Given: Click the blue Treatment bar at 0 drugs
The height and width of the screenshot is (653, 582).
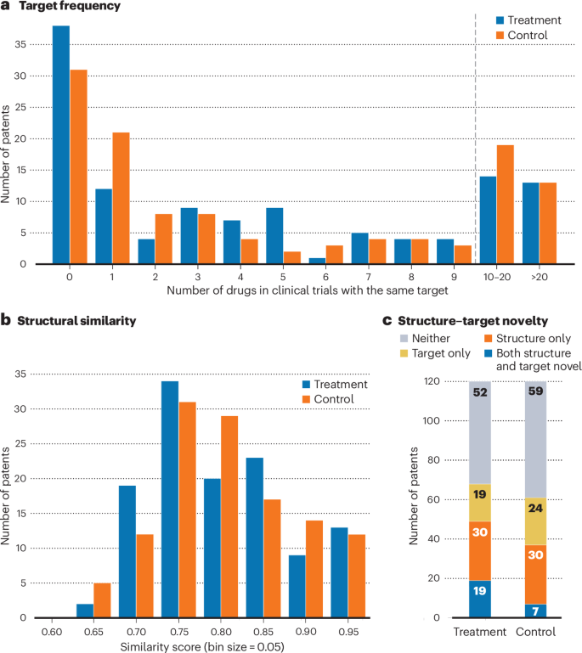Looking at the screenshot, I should coord(60,144).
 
